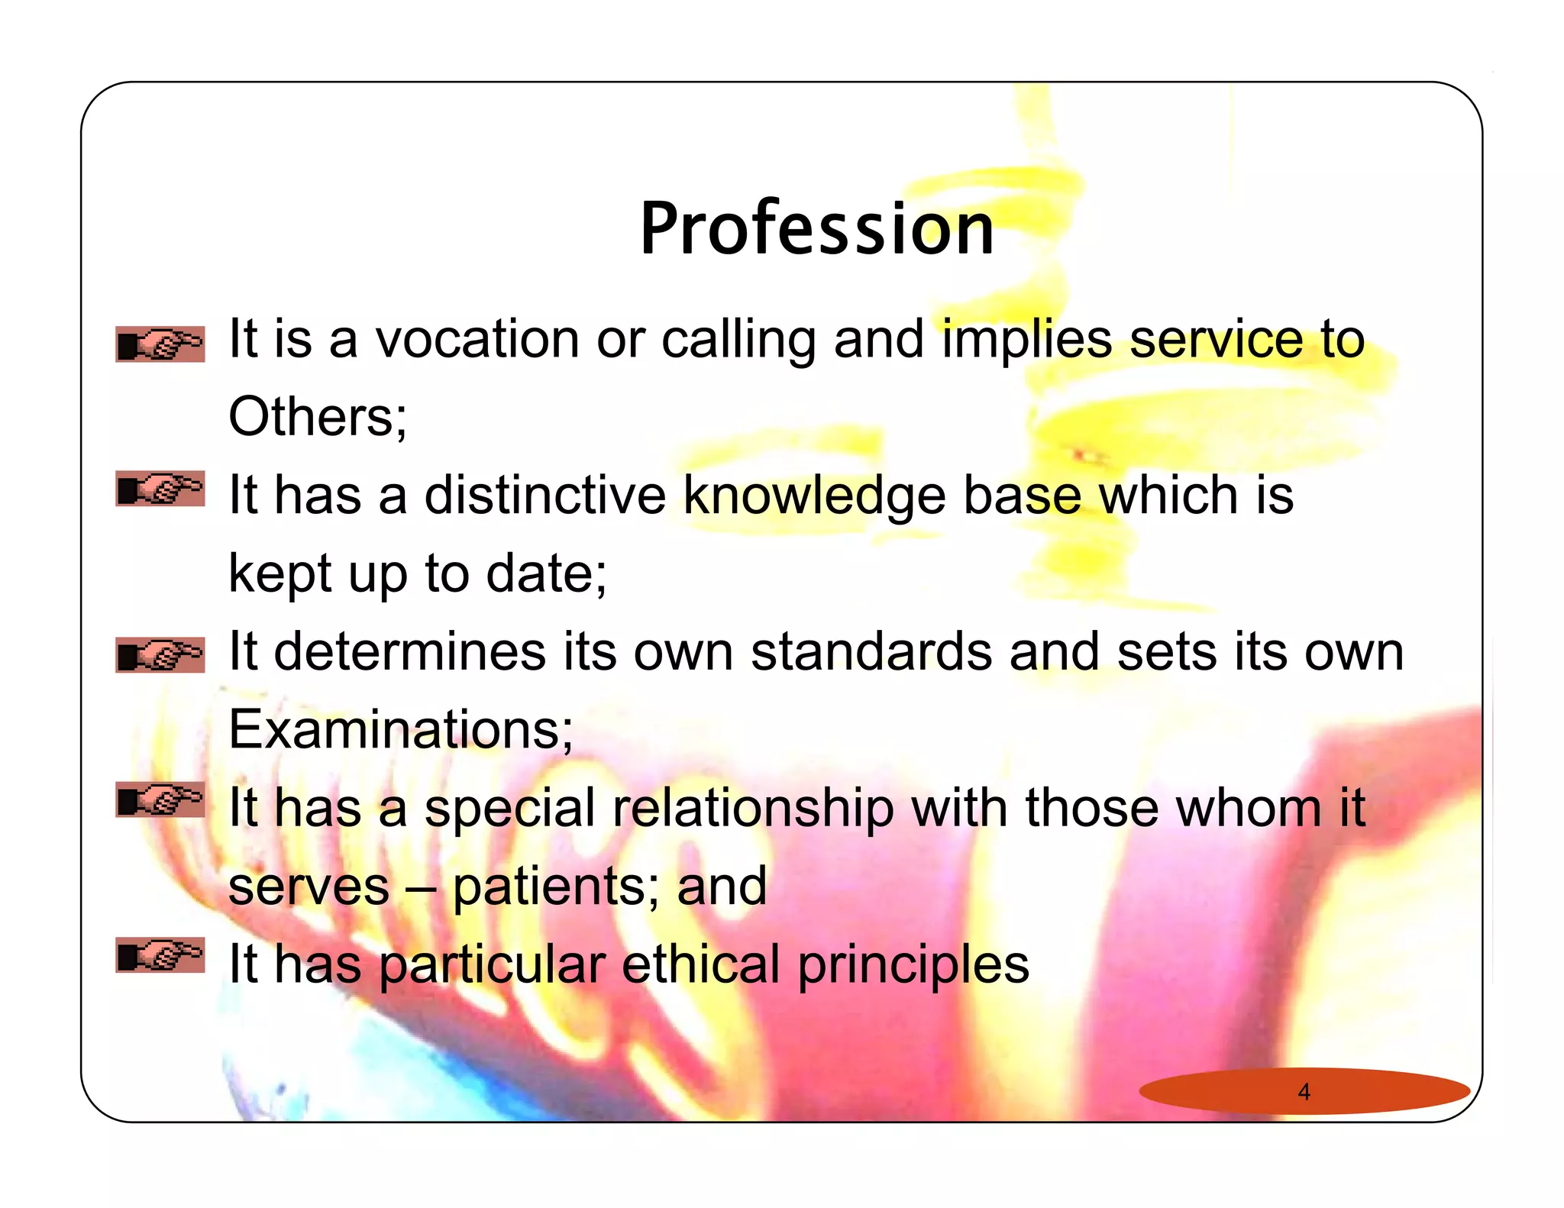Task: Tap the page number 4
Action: coord(1304,1092)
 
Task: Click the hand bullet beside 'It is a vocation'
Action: coord(160,344)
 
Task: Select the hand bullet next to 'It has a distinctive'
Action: coord(160,489)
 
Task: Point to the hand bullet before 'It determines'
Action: coord(160,655)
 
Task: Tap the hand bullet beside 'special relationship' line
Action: coord(160,799)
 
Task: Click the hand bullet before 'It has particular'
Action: coord(160,955)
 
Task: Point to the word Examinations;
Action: coord(400,729)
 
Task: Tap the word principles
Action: coord(913,965)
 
